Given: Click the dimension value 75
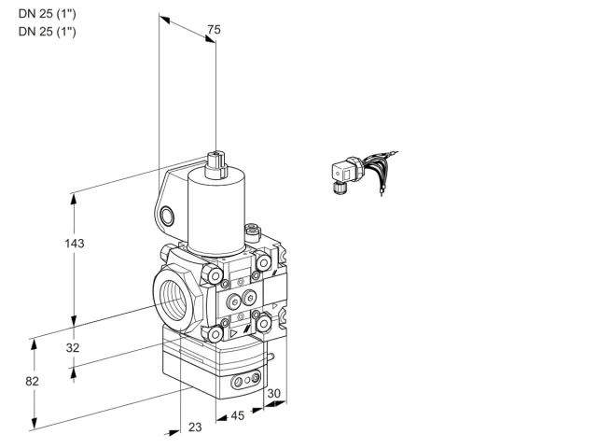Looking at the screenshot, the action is pos(214,29).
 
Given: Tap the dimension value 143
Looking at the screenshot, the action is pos(75,243).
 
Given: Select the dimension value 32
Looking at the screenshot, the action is pos(73,347).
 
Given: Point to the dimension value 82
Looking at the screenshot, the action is pos(32,381).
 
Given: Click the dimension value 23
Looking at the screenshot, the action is pos(195,427).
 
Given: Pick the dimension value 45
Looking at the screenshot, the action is pos(238,415).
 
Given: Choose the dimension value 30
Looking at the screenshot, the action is pos(273,394).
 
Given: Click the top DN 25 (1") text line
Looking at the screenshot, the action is pos(48,14).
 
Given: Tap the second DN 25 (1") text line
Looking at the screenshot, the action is pos(48,31).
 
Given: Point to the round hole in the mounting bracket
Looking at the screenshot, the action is pos(167,216).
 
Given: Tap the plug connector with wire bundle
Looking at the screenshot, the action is pos(364,172).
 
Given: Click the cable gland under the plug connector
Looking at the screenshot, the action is pos(339,188).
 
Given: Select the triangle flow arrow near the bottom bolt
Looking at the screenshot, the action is pos(233,334).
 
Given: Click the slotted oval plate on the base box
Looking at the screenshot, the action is pos(245,379).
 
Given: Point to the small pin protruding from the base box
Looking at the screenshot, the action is pos(270,357).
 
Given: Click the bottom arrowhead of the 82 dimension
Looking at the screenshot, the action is pos(35,423).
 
